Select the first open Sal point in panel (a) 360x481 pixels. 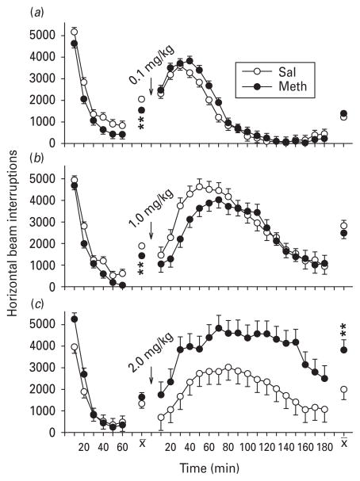pos(75,32)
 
